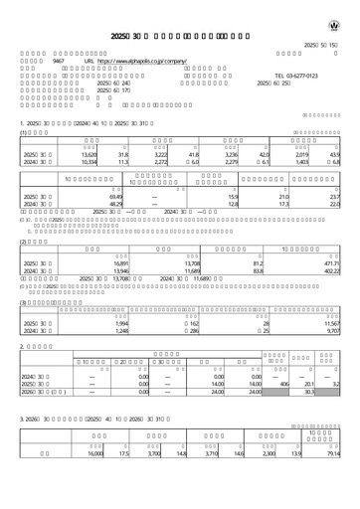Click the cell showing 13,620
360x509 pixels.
(x=84, y=154)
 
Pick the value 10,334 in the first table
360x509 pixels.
(x=84, y=162)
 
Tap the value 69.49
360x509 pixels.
(x=86, y=198)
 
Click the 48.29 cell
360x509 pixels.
(x=86, y=206)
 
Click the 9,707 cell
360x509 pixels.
(x=337, y=331)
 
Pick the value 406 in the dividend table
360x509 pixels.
(x=283, y=384)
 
